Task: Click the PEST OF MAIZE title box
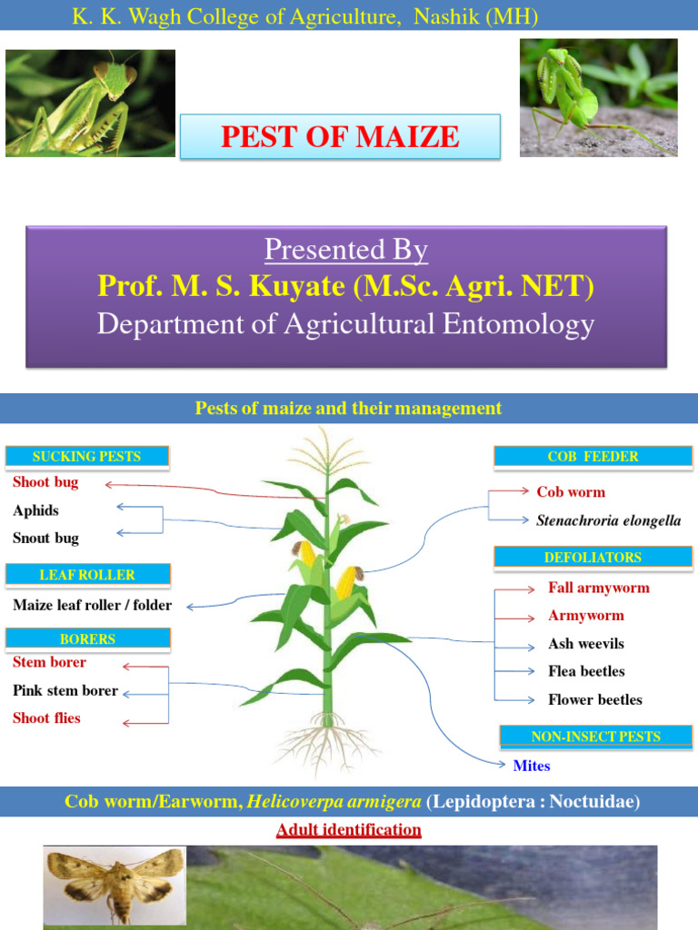tap(340, 137)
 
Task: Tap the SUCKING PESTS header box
tap(87, 456)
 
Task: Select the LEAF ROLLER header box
tap(87, 575)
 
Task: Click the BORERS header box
tap(87, 639)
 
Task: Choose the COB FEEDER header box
tap(593, 457)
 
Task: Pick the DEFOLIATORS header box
tap(593, 558)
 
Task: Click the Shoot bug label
tap(45, 482)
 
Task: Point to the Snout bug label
tap(45, 538)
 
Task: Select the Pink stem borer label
tap(65, 690)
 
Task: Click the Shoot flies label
tap(46, 718)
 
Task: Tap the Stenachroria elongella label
tap(608, 520)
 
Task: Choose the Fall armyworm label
tap(598, 588)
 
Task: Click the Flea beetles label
tap(586, 671)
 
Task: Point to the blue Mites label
tap(532, 766)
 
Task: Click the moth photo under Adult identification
tap(115, 885)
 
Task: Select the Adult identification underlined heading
tap(348, 830)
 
